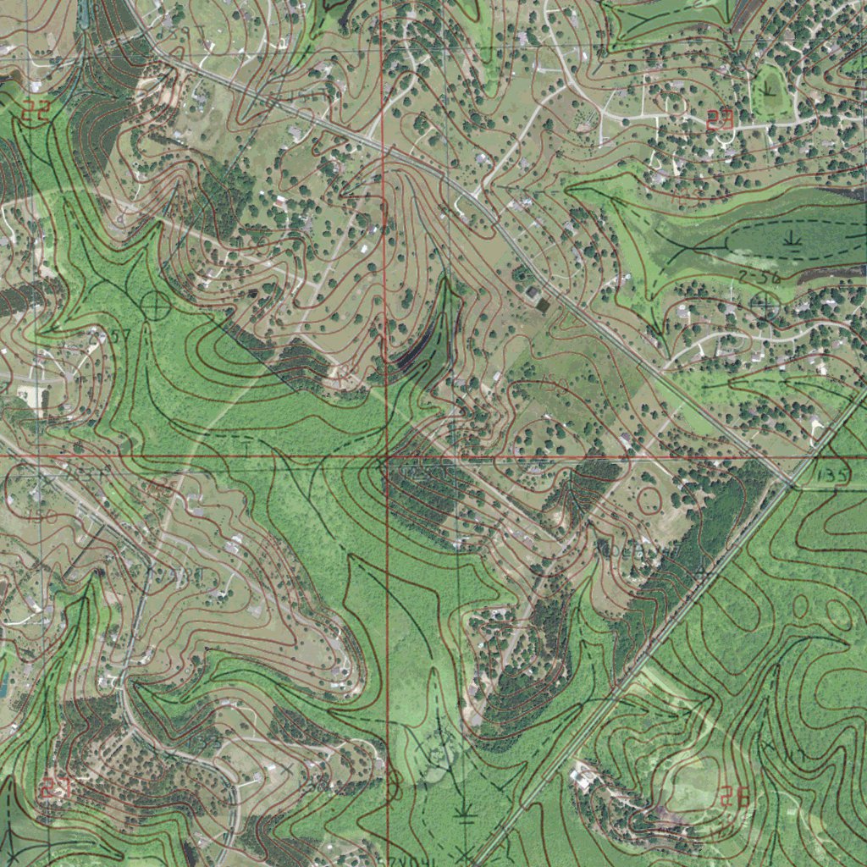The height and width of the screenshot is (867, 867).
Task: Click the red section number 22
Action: (x=36, y=109)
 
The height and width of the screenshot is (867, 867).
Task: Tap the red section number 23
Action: (x=720, y=119)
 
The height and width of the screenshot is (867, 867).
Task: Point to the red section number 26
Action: (x=736, y=796)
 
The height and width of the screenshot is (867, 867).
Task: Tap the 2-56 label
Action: (x=759, y=278)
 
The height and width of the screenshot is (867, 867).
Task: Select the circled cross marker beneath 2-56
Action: (x=764, y=302)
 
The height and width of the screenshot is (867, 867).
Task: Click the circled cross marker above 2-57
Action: (x=156, y=304)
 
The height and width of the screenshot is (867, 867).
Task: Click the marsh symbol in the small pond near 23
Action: (x=769, y=87)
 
